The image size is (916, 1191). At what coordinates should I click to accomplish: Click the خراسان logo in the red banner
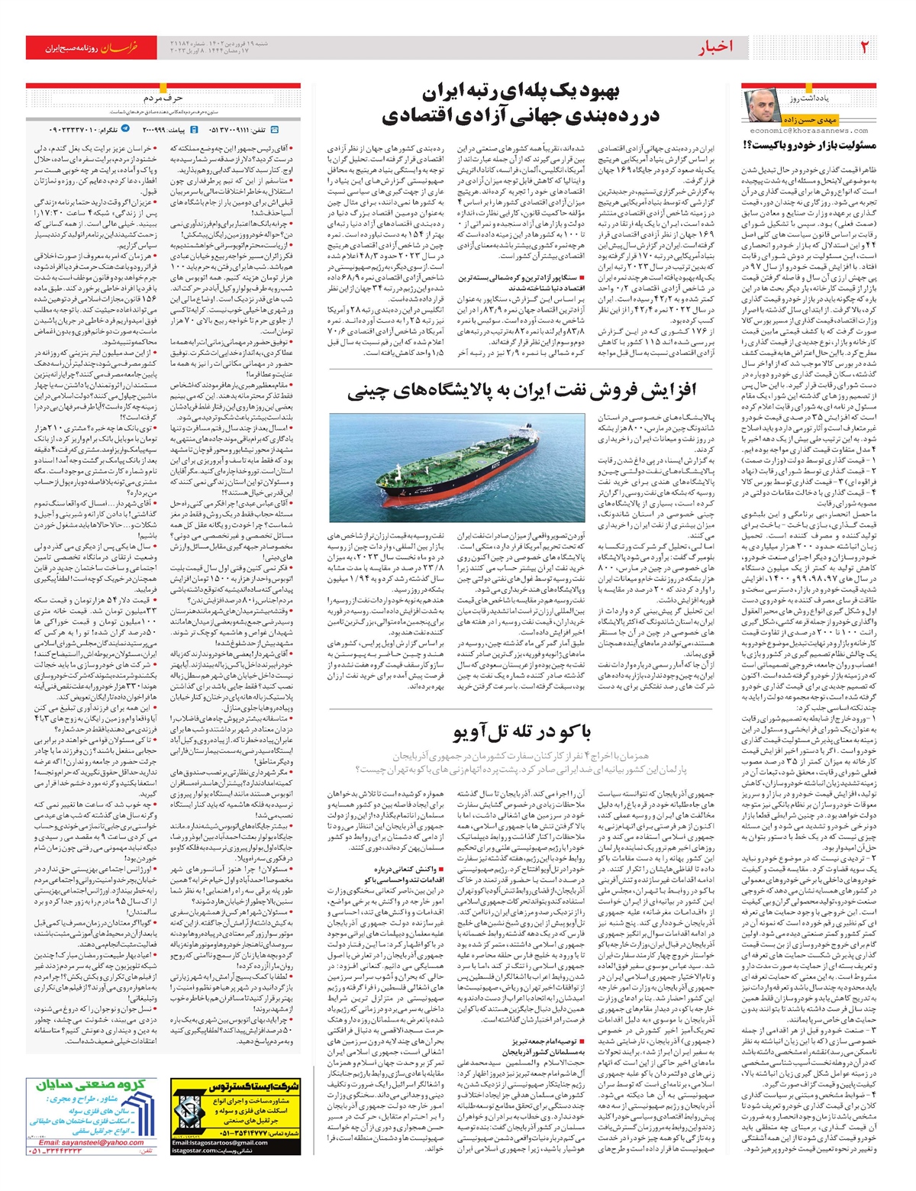click(x=121, y=47)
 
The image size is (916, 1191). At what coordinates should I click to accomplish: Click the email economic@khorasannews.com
click(x=809, y=131)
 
